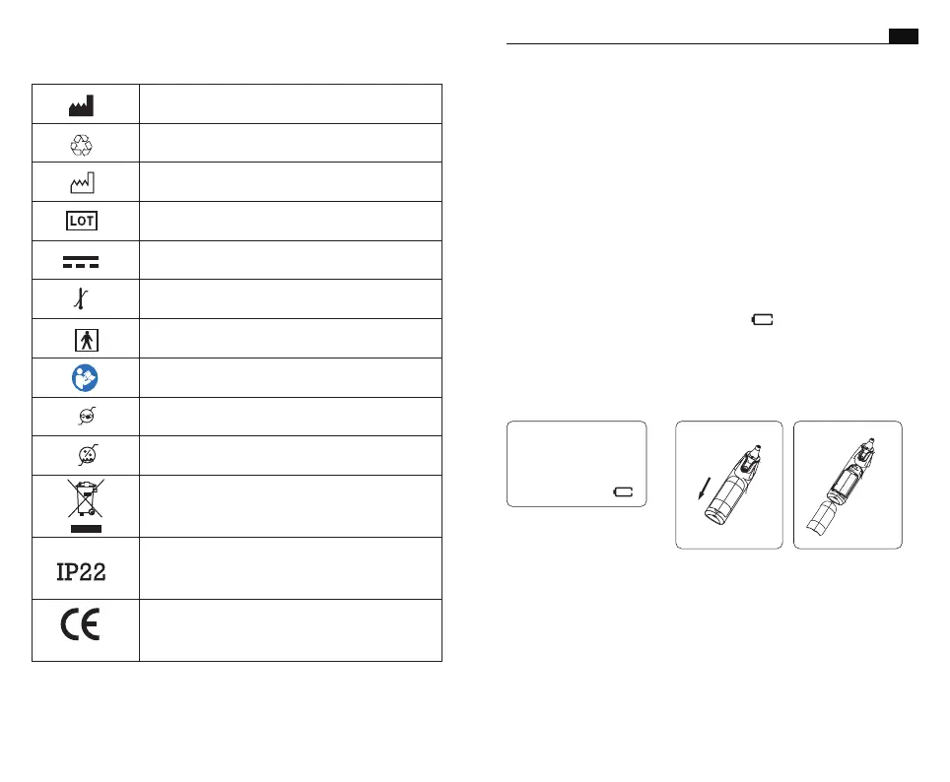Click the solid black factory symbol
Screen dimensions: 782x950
pos(81,103)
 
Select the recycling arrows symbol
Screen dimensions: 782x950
pos(81,144)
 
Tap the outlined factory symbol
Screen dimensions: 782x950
pos(81,181)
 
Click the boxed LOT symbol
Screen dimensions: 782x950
pos(81,221)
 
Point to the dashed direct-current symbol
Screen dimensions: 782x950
pos(81,260)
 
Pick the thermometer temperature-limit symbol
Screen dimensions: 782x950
pos(81,298)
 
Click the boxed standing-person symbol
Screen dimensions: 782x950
pos(87,339)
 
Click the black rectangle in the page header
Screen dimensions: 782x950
pos(903,36)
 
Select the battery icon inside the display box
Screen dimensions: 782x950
pos(623,490)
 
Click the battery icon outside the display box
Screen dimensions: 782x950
pos(763,319)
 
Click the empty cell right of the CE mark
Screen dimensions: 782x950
pos(291,629)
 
